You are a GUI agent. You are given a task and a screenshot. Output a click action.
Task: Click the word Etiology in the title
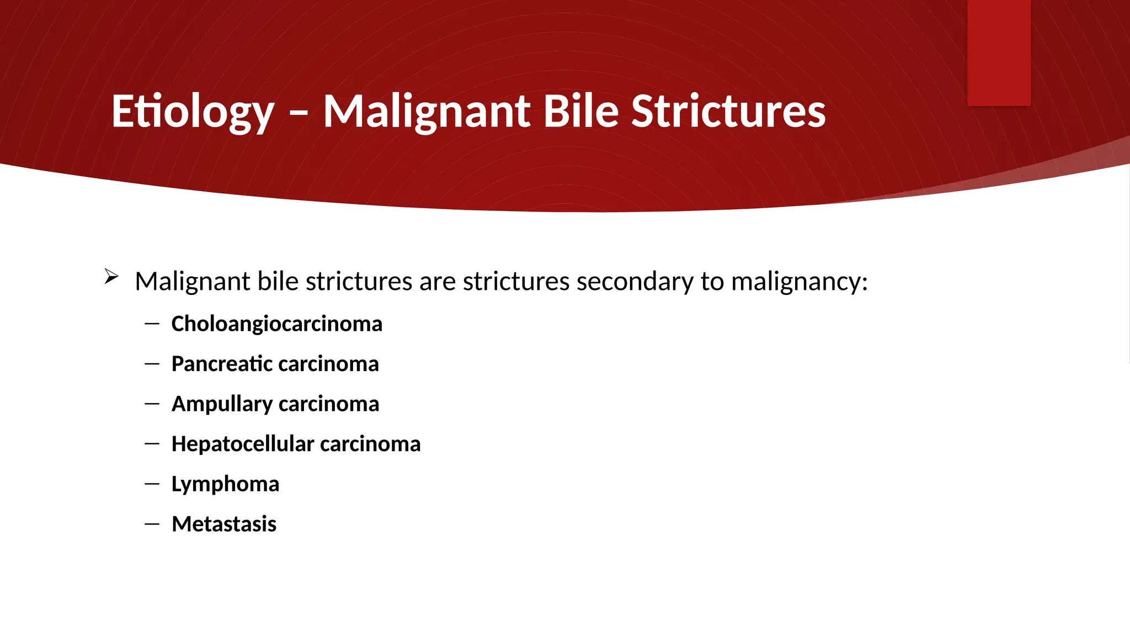click(193, 112)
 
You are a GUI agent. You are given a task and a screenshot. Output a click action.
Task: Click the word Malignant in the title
click(427, 112)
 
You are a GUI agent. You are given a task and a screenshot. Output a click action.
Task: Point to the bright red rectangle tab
click(999, 52)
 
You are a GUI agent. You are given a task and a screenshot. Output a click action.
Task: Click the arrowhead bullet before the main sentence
click(111, 277)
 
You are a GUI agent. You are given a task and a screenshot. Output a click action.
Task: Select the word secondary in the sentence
click(635, 282)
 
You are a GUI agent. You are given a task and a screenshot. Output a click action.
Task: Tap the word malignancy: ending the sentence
click(799, 282)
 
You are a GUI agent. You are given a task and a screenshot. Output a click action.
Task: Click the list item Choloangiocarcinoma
click(276, 324)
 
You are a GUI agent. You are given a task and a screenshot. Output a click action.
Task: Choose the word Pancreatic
click(222, 364)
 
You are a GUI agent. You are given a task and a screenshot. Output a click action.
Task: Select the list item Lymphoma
click(225, 484)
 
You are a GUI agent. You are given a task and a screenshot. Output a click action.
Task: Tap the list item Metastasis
click(224, 524)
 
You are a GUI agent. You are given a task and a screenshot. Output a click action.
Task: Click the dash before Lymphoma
click(152, 484)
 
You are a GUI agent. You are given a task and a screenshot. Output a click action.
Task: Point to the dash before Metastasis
click(152, 524)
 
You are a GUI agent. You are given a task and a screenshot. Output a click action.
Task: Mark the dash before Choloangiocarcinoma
click(152, 324)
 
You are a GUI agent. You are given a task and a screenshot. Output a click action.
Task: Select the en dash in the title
click(299, 113)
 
